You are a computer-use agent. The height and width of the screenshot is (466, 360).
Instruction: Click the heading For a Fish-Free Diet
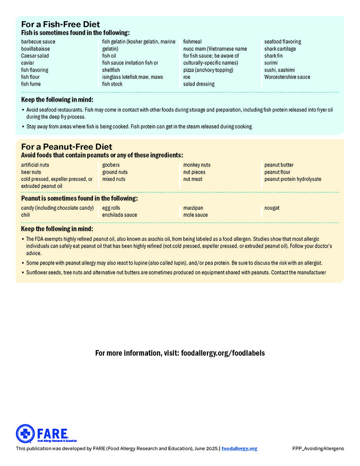[60, 24]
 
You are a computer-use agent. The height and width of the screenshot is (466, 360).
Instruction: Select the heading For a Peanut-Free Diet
[67, 147]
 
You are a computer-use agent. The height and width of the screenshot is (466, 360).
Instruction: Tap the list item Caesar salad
[35, 56]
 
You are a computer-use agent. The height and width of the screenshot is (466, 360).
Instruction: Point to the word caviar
[27, 63]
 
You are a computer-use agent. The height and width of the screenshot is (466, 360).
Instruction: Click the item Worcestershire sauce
[287, 77]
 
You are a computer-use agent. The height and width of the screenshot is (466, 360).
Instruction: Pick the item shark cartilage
[280, 49]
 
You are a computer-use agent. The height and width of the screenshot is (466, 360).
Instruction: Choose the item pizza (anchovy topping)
[208, 70]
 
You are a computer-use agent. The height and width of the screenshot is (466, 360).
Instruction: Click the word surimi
[271, 63]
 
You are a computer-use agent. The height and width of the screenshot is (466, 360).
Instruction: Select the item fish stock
[112, 84]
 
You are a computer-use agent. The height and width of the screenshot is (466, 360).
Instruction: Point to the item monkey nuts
[197, 165]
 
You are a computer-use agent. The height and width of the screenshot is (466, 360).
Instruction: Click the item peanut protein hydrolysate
[292, 179]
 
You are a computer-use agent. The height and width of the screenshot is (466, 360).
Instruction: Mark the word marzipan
[193, 208]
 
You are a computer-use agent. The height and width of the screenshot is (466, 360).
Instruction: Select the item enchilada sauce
[119, 215]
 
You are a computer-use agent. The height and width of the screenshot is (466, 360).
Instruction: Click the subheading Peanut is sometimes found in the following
[79, 198]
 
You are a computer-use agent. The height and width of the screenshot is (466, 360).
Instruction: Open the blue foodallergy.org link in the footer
[239, 448]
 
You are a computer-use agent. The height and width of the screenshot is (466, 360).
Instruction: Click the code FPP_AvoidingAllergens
[318, 448]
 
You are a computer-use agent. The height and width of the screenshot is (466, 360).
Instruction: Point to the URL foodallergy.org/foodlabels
[223, 353]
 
